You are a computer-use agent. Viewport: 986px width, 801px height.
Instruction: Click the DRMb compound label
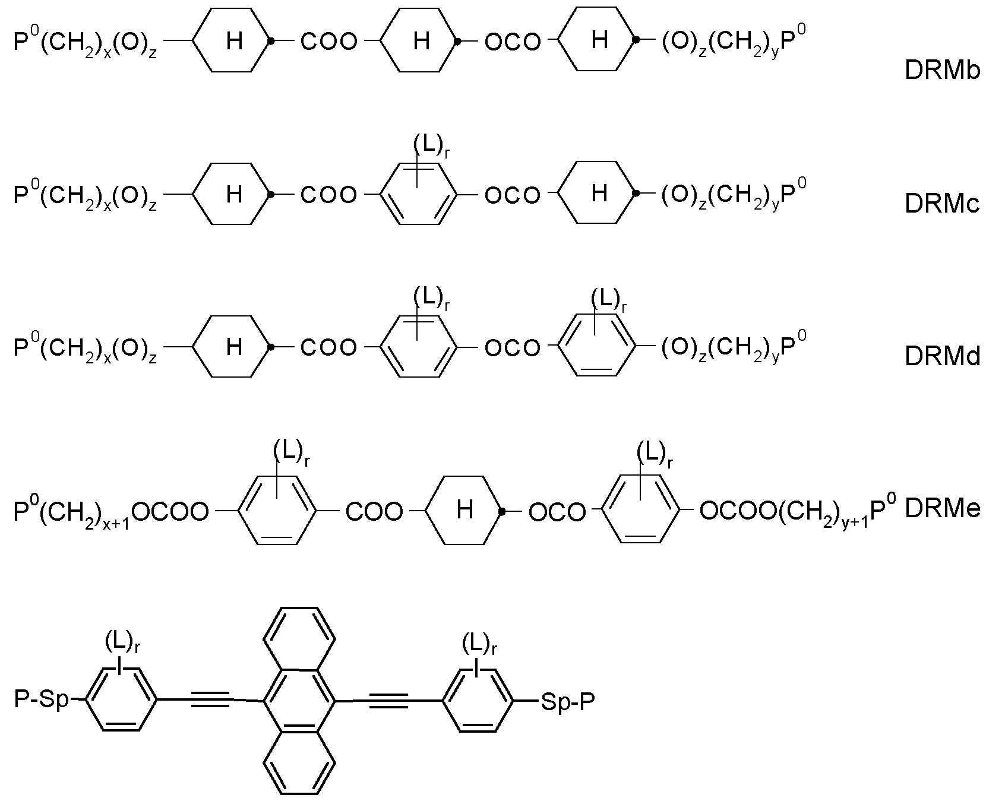tap(942, 71)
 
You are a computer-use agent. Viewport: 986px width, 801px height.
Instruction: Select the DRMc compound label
tap(942, 204)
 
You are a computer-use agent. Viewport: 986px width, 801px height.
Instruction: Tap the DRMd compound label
tap(942, 357)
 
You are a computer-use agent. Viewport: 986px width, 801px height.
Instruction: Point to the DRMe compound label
tap(942, 509)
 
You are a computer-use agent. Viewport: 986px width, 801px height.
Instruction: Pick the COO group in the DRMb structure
tap(329, 42)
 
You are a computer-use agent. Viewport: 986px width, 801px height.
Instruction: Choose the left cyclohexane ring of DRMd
tap(233, 346)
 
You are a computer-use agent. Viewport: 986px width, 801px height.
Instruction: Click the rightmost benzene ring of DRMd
tap(598, 346)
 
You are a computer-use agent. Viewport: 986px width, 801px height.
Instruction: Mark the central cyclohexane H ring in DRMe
tap(464, 509)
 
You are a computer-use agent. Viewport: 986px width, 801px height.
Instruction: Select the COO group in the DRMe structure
tap(374, 511)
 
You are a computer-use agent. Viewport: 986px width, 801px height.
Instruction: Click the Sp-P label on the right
tap(567, 702)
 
